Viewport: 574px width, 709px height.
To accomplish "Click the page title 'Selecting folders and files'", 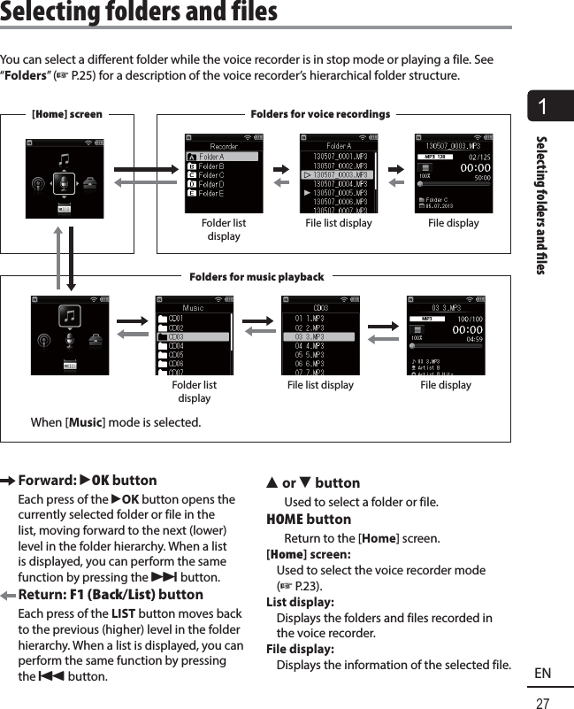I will [139, 12].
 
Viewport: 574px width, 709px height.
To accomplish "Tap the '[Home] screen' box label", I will [67, 114].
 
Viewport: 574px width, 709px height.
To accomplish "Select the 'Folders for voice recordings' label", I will [320, 114].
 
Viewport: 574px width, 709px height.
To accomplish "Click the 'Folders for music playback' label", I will [256, 277].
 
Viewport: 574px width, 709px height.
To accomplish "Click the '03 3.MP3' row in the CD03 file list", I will [319, 336].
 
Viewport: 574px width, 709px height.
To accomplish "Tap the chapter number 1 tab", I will [541, 108].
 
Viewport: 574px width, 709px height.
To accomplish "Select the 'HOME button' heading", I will [309, 520].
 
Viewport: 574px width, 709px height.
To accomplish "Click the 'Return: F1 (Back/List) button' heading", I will [111, 594].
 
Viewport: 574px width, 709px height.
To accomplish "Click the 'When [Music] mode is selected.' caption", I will [115, 422].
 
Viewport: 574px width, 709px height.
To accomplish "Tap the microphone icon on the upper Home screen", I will [63, 182].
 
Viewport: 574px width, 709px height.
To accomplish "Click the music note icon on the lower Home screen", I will [70, 314].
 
